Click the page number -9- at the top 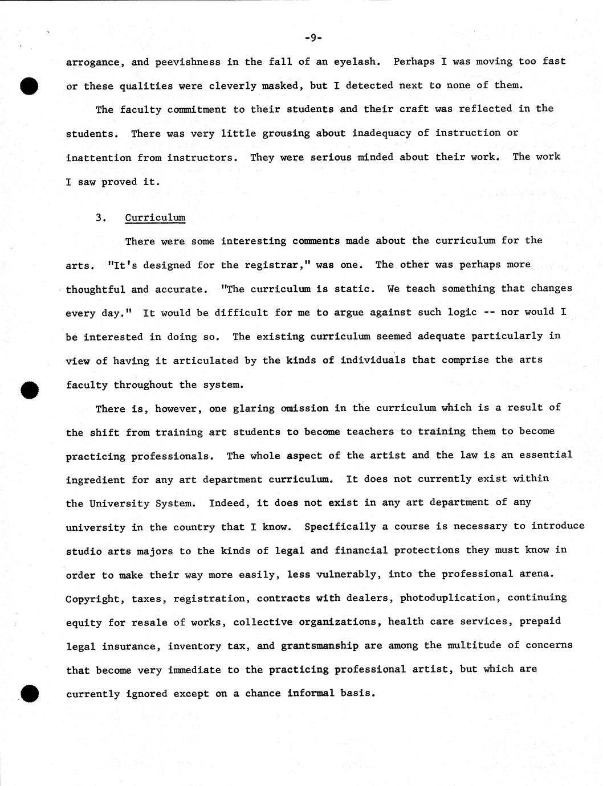[x=313, y=38]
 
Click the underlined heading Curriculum [x=155, y=218]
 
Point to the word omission [x=304, y=408]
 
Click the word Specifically [x=340, y=526]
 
